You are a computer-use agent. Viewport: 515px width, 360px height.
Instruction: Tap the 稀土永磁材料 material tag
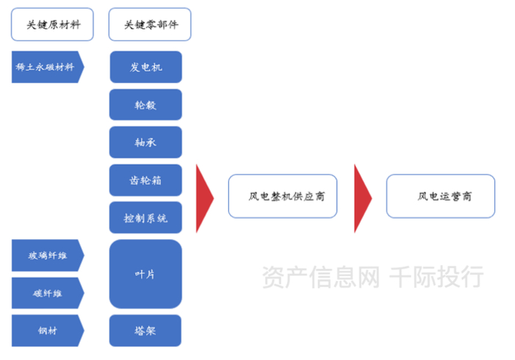coord(46,67)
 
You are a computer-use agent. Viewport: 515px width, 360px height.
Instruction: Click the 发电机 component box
coord(146,67)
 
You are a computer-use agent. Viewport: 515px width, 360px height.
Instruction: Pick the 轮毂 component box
coord(146,105)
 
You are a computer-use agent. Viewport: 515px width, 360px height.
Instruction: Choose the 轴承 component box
coord(146,142)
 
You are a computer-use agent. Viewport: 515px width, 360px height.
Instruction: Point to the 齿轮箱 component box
coord(146,180)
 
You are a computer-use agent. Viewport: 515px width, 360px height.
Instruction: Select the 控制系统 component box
coord(146,218)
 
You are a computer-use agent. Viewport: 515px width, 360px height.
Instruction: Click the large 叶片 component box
coord(146,274)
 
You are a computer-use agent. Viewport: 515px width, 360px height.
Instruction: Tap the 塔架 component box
coord(146,331)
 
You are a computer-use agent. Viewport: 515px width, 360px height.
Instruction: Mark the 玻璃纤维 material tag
coord(46,255)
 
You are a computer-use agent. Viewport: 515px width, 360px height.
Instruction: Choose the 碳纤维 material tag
coord(46,293)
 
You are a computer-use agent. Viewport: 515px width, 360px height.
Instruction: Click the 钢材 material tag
coord(46,331)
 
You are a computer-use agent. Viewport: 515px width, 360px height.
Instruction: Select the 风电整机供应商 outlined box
coord(283,196)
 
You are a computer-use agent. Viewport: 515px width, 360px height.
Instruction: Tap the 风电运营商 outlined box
coord(440,196)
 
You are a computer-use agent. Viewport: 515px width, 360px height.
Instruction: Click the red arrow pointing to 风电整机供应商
coord(204,197)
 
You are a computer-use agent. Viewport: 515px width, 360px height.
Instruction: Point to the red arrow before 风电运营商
coord(362,197)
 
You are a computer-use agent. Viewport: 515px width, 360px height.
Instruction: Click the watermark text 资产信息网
coord(321,277)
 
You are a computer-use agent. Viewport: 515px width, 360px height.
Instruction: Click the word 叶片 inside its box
coord(146,274)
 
